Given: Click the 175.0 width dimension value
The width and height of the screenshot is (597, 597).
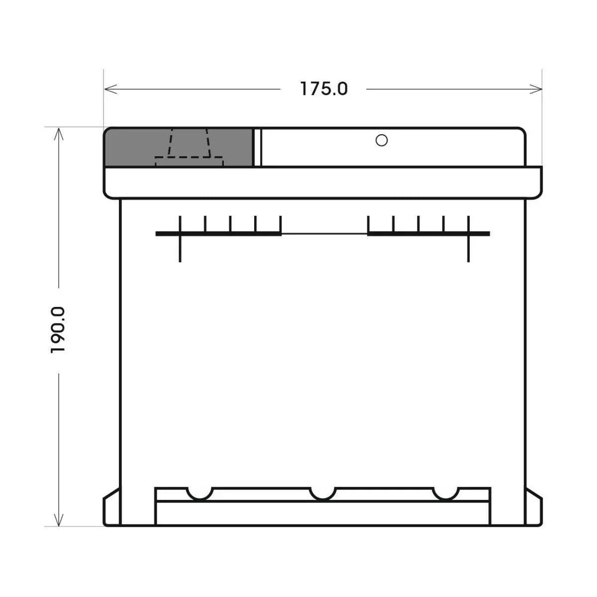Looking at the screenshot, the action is (x=324, y=89).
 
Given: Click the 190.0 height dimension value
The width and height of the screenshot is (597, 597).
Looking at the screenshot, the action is (x=58, y=330).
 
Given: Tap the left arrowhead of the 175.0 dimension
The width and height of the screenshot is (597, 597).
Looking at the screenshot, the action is (x=111, y=89).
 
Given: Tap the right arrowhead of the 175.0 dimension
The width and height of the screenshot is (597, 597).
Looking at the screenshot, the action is (x=536, y=89).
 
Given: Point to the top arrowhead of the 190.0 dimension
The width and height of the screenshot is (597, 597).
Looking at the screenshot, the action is (x=59, y=134).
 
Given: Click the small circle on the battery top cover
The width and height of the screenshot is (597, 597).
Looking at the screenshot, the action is (x=382, y=140).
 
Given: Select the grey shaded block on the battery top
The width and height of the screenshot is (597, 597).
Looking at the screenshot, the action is (x=179, y=147).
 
